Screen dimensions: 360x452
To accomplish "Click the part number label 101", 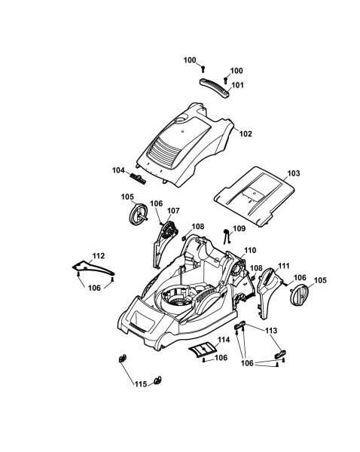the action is coord(237,85).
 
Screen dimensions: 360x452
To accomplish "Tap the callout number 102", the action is coord(246,134).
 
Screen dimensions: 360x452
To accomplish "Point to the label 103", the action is coord(294,173).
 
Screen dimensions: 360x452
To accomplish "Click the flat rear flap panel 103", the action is coord(255,196).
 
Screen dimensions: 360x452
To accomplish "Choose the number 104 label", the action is coord(118,170).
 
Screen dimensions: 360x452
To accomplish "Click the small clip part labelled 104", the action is coord(139,179).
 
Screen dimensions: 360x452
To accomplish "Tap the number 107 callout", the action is coord(173,211).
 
